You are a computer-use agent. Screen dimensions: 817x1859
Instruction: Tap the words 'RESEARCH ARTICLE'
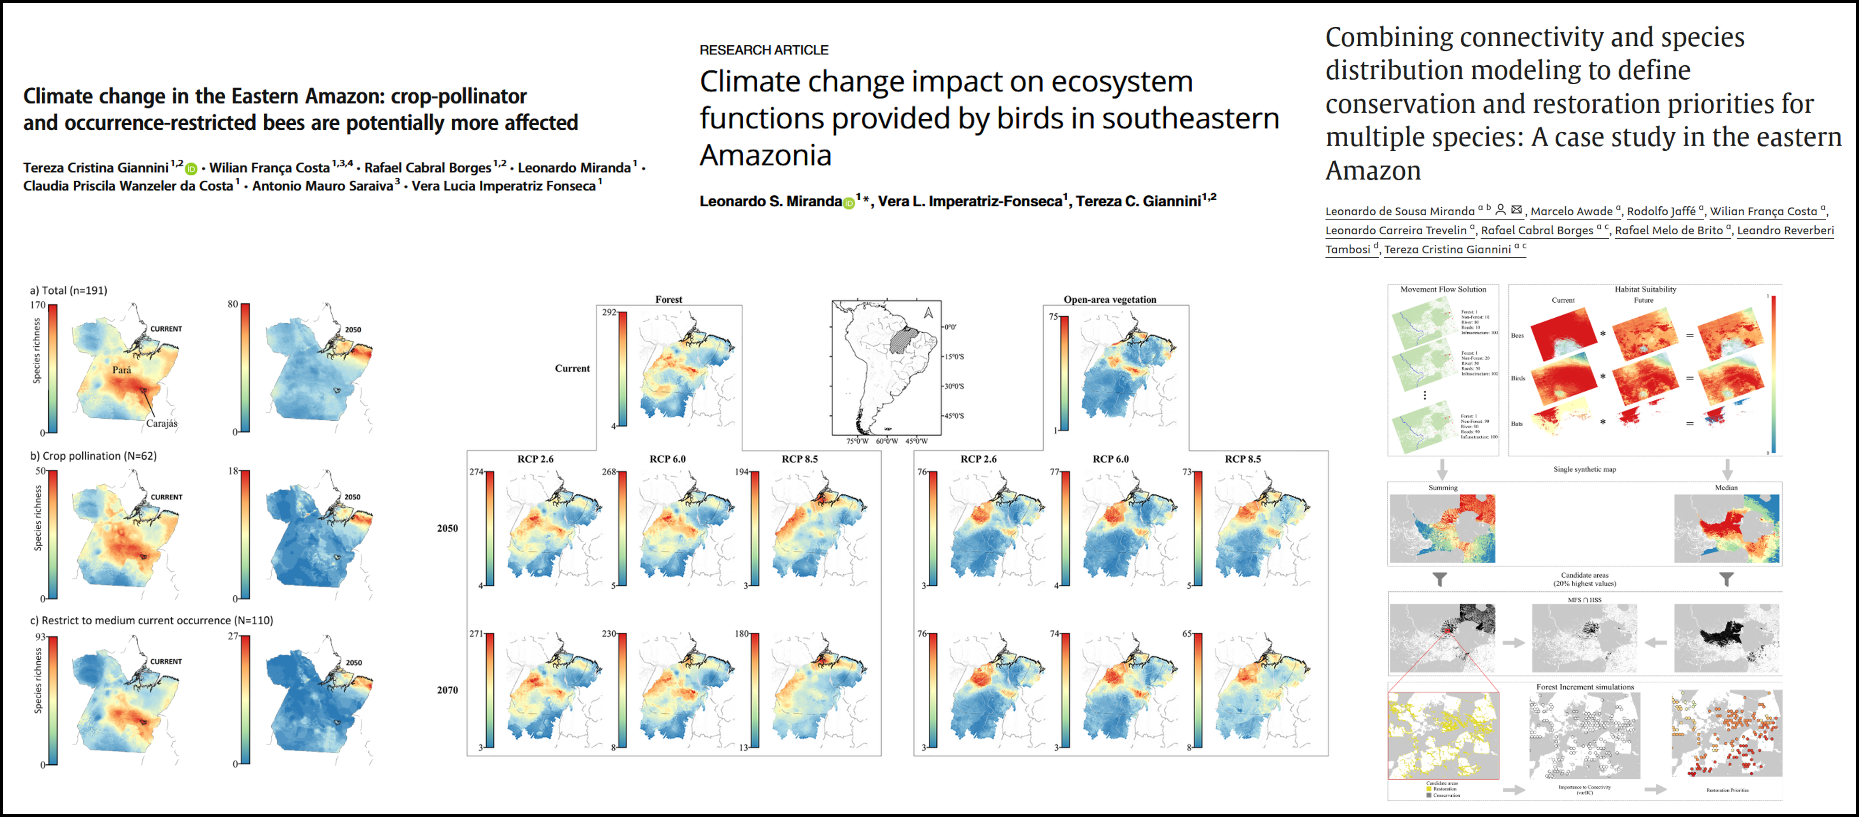coord(763,50)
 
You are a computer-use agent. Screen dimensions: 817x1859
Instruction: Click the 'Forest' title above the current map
coord(668,299)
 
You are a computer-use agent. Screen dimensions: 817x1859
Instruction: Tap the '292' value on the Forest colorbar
coord(609,312)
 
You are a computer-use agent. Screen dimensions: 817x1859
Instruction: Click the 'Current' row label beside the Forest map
coord(572,368)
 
